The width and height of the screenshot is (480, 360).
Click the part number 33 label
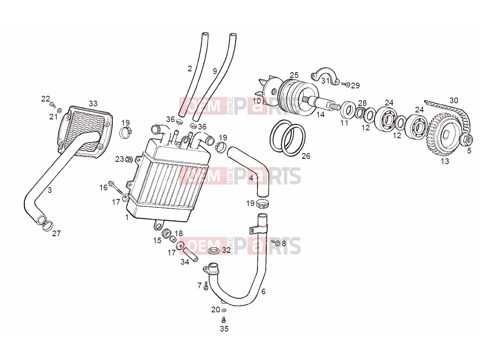coord(93,103)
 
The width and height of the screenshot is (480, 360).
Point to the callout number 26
coord(306,156)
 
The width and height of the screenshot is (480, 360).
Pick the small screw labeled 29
coord(346,84)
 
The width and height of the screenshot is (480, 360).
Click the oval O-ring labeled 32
coord(213,251)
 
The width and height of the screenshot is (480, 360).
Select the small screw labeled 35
coord(224,320)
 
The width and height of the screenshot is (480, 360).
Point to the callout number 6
coord(263,291)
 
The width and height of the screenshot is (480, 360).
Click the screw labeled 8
coord(276,243)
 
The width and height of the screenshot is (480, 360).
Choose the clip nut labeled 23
coord(129,159)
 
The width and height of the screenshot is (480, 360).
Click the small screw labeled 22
coord(52,105)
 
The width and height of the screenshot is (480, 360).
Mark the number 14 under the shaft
coord(320,115)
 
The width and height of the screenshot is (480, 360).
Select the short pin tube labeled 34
coord(191,254)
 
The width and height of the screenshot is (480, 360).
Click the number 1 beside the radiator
coord(127,217)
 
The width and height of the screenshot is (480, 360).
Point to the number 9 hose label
coord(215,71)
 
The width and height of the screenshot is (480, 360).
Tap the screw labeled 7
coord(206,286)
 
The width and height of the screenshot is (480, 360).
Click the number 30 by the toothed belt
coord(454,101)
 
